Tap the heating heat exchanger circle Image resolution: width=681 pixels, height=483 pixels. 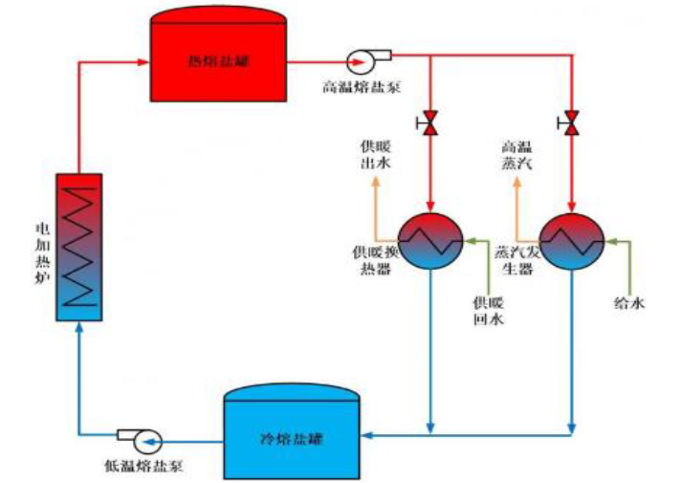click(x=430, y=240)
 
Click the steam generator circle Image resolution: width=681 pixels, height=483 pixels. click(x=572, y=240)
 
